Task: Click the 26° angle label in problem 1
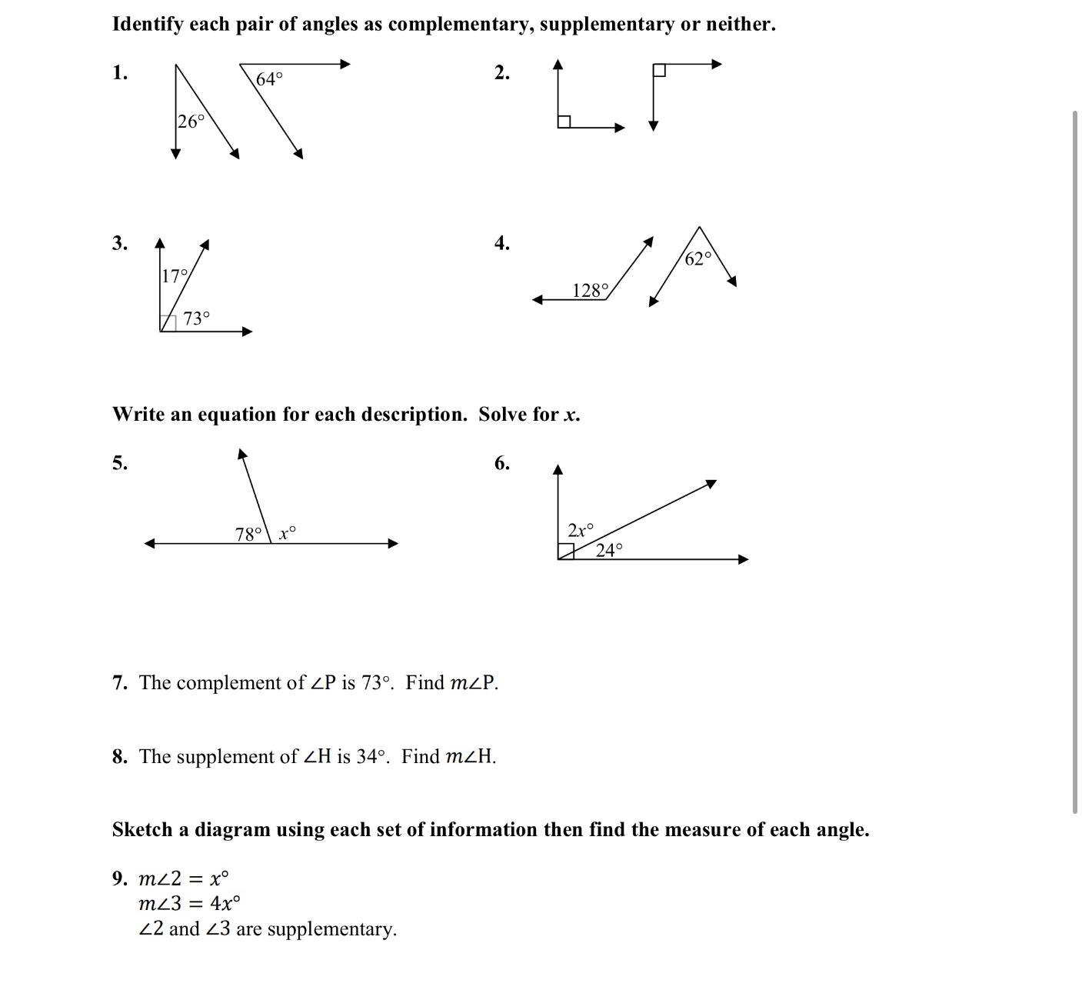coord(191,122)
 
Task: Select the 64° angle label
coord(269,79)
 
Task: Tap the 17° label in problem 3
coord(175,275)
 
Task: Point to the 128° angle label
coord(590,291)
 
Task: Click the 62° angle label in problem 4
coord(698,259)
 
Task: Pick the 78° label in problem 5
coord(248,534)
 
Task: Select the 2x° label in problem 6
coord(581,530)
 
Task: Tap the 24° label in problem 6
coord(609,550)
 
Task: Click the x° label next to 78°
coord(287,532)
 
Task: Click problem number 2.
coord(501,73)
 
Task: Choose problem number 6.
coord(501,463)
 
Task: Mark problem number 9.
coord(119,878)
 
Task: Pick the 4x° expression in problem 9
coord(225,903)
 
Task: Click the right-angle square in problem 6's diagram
coord(566,552)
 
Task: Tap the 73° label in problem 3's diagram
coord(196,318)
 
